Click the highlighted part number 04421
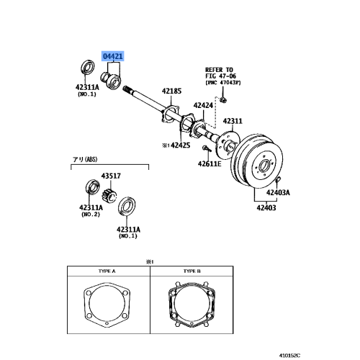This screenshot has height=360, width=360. pyautogui.click(x=112, y=55)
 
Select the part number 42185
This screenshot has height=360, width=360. pyautogui.click(x=173, y=91)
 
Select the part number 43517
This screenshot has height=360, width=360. pyautogui.click(x=111, y=175)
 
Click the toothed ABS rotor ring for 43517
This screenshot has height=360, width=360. pyautogui.click(x=111, y=193)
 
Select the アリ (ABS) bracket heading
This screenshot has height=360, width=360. pyautogui.click(x=83, y=161)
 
